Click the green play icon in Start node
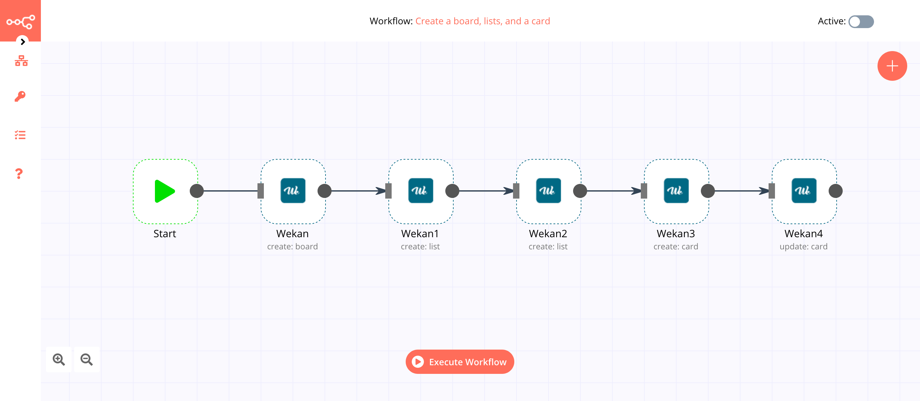[x=164, y=191]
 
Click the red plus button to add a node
[x=892, y=66]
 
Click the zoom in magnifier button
[x=59, y=359]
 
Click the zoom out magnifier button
[x=87, y=359]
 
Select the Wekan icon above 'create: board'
[x=293, y=191]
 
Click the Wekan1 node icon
[x=420, y=191]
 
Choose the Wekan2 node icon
[x=548, y=191]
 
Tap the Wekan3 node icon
[x=676, y=191]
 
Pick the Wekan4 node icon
[x=804, y=191]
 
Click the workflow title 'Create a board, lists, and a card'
[x=482, y=21]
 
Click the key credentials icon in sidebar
[x=20, y=96]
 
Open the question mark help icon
[x=19, y=174]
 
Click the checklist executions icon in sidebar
[x=20, y=135]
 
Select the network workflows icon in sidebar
[x=21, y=61]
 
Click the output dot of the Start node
[x=197, y=191]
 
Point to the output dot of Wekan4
[x=835, y=191]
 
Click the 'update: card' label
[x=803, y=246]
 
